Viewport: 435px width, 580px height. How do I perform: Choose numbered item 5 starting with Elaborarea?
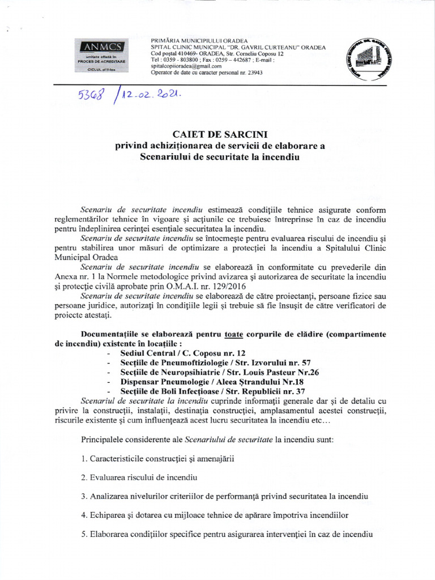pyautogui.click(x=226, y=535)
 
